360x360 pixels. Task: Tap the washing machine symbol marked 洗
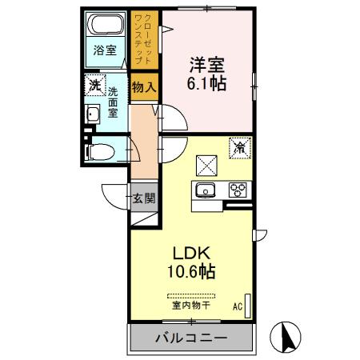click(x=95, y=84)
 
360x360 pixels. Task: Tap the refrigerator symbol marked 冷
click(x=238, y=146)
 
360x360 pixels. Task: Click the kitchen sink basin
click(x=204, y=190)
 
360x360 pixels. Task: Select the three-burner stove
click(x=238, y=190)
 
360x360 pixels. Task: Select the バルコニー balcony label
click(x=190, y=339)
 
